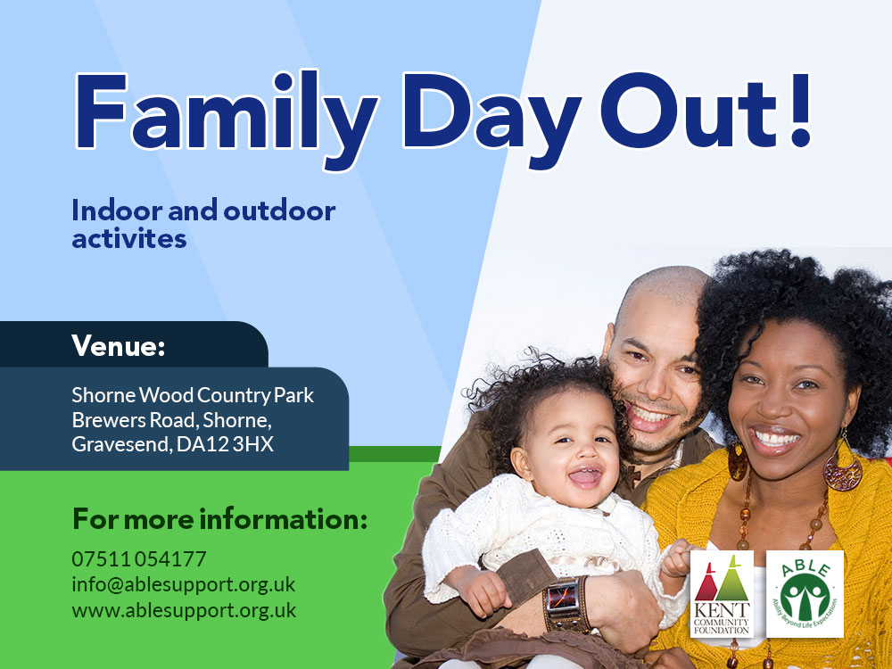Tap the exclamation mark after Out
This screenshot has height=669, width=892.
click(x=800, y=110)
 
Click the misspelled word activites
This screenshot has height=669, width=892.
click(x=129, y=238)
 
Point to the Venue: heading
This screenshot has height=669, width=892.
click(x=118, y=345)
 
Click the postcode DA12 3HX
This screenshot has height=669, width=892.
click(x=226, y=444)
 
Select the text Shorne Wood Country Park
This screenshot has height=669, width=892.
click(x=193, y=395)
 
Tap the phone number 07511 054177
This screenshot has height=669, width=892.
click(x=139, y=559)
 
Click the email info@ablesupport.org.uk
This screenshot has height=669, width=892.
click(x=184, y=585)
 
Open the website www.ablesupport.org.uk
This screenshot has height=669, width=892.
click(x=184, y=611)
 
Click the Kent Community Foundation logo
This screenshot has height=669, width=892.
click(x=722, y=593)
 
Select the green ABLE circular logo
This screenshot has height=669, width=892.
click(x=805, y=593)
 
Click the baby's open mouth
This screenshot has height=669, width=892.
click(x=585, y=476)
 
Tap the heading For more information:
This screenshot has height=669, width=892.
click(x=220, y=519)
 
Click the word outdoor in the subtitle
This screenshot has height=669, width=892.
click(x=279, y=211)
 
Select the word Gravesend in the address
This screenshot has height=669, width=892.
click(x=121, y=444)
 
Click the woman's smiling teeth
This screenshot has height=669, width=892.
click(x=776, y=439)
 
